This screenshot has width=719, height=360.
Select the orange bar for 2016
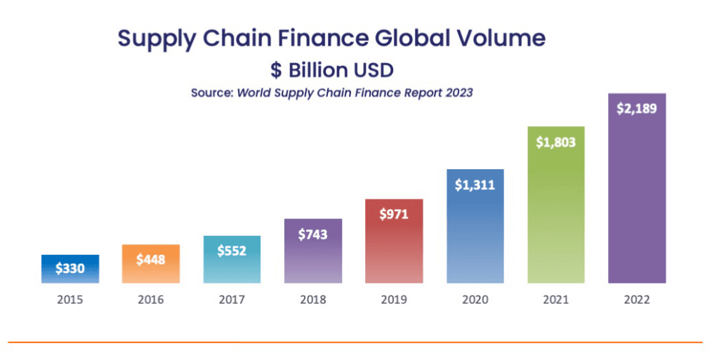click(x=150, y=271)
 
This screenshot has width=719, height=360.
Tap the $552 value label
click(x=232, y=251)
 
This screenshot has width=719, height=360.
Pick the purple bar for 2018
click(x=312, y=260)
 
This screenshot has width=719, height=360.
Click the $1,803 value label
click(x=555, y=142)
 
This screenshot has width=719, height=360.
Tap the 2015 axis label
click(x=70, y=300)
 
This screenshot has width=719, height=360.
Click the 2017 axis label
click(x=232, y=300)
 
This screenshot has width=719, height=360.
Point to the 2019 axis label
click(x=393, y=300)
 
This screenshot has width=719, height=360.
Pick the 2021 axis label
click(x=555, y=300)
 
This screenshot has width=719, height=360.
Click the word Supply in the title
click(x=157, y=39)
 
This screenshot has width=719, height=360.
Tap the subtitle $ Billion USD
click(x=332, y=70)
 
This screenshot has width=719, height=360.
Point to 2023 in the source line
click(x=458, y=93)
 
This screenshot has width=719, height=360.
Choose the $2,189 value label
click(x=636, y=109)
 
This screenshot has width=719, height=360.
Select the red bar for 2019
click(x=393, y=253)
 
